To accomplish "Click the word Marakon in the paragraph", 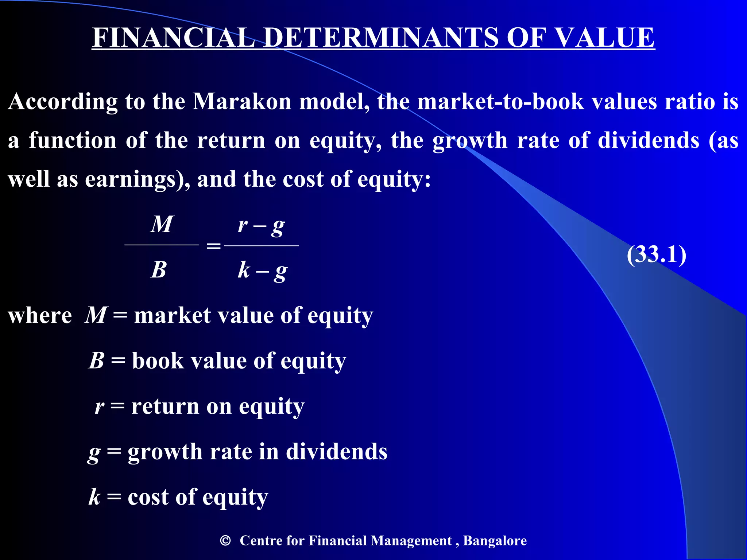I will click(242, 102).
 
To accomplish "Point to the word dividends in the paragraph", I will click(648, 141).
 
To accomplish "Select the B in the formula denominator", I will click(159, 270).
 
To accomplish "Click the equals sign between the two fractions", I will click(214, 246).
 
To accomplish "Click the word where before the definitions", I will click(40, 315).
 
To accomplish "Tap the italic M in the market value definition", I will click(96, 315).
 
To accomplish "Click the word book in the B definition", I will click(158, 361).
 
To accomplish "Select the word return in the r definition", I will click(165, 407).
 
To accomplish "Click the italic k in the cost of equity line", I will click(94, 497).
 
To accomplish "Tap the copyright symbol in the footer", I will click(225, 540).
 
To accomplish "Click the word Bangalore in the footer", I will click(495, 541).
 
